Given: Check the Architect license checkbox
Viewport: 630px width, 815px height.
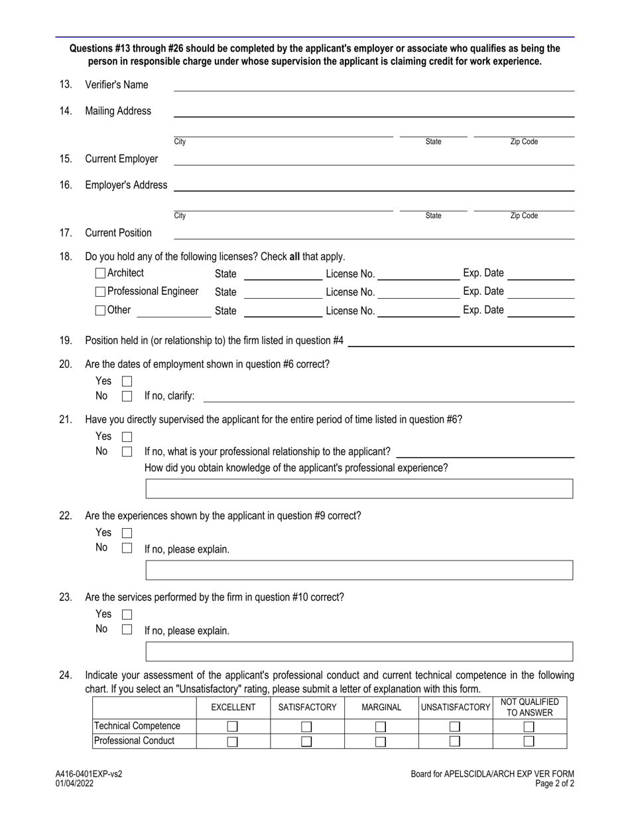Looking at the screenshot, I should [x=101, y=273].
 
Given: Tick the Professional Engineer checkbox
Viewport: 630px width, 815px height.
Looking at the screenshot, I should [x=101, y=292].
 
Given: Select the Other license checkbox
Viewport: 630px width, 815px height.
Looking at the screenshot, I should [x=101, y=310].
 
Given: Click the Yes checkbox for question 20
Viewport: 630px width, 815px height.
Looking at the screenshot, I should [x=127, y=381].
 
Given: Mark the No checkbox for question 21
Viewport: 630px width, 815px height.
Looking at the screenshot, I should [x=127, y=452].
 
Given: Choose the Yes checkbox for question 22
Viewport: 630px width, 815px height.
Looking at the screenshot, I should [x=127, y=533].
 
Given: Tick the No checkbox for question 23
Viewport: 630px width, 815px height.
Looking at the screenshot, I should [x=127, y=629].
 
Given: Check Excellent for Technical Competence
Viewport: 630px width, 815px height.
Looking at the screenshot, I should [x=233, y=727].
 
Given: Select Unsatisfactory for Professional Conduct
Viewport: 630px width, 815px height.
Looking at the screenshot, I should [x=455, y=741].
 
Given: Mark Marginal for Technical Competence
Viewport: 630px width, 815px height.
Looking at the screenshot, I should [x=381, y=727].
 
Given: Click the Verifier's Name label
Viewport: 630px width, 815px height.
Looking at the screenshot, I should [x=117, y=85].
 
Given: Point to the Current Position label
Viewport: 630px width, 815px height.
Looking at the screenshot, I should [x=118, y=233].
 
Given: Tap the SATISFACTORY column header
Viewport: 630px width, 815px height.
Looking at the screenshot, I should [x=307, y=708].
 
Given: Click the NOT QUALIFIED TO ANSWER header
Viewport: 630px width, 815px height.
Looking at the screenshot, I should [x=529, y=707].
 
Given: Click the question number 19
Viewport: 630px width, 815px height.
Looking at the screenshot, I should [x=66, y=341].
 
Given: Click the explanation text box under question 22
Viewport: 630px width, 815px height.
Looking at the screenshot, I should [x=359, y=570].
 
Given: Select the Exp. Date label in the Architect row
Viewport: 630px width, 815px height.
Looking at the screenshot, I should [x=483, y=273].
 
